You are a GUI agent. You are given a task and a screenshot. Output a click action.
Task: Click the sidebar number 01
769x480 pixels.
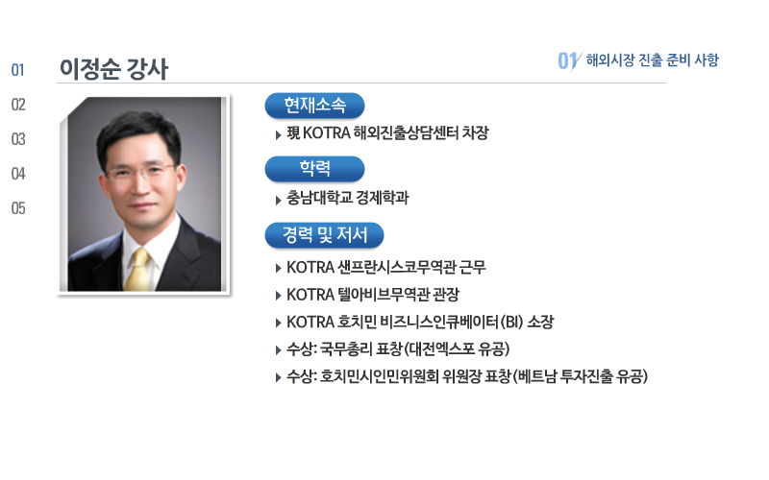click(x=17, y=70)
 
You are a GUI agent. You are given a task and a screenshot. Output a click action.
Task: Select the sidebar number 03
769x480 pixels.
click(x=18, y=139)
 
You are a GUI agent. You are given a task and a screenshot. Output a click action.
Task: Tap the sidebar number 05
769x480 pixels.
click(x=18, y=208)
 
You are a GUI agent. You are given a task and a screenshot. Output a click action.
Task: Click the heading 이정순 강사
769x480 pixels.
click(x=113, y=68)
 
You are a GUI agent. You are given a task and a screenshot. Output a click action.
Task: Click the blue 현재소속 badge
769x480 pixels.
click(x=314, y=106)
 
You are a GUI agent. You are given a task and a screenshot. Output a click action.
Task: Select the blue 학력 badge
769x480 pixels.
click(x=314, y=169)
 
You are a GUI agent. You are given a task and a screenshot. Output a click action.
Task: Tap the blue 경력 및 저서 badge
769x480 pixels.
click(x=324, y=235)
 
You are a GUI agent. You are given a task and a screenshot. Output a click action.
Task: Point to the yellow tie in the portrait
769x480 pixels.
click(x=137, y=270)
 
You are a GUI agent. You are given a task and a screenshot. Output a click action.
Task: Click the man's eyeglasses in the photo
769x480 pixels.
click(x=140, y=172)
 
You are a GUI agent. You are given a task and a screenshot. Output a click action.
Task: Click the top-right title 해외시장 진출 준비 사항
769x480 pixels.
click(x=653, y=60)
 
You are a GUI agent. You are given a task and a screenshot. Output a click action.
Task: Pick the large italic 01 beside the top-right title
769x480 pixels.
click(x=569, y=60)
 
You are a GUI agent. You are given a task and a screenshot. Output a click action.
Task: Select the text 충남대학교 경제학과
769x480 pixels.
click(x=347, y=198)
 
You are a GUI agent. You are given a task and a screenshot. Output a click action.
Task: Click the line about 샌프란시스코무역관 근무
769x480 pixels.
click(x=386, y=268)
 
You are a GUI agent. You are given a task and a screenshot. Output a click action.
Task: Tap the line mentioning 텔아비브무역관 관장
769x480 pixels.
click(x=373, y=295)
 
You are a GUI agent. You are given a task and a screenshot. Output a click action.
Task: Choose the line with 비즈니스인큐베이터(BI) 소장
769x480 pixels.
click(x=420, y=323)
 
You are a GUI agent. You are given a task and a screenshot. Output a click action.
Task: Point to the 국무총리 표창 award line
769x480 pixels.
click(x=398, y=349)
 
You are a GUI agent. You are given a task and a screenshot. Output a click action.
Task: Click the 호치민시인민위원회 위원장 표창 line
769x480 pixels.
click(x=467, y=376)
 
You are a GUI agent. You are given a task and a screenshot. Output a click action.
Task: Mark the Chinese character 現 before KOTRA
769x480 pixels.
click(x=293, y=133)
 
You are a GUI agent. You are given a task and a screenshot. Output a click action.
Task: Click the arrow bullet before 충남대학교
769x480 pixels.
click(x=278, y=200)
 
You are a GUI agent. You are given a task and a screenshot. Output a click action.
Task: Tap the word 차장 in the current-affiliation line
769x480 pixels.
click(x=475, y=133)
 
